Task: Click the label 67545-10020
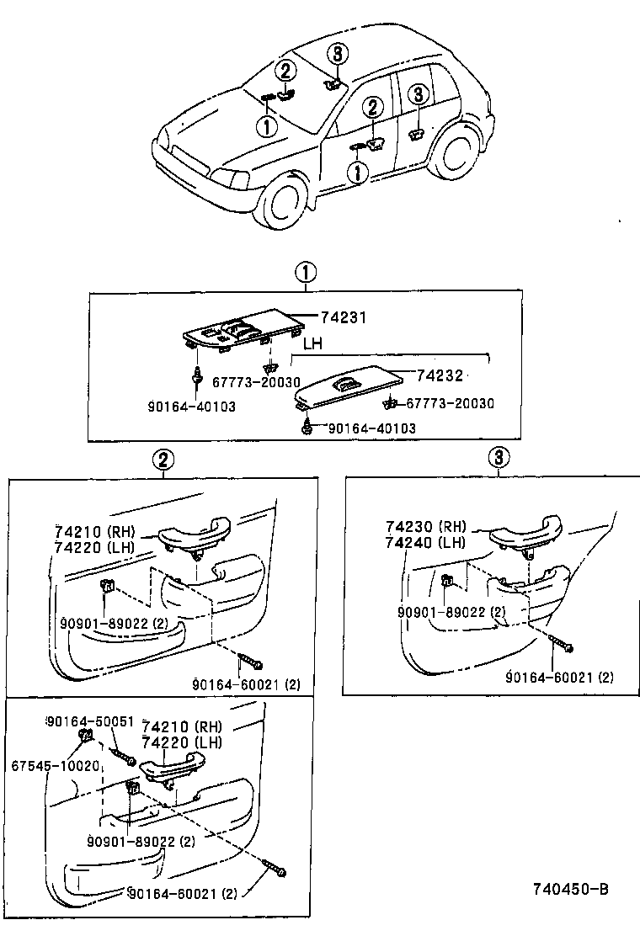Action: pyautogui.click(x=56, y=765)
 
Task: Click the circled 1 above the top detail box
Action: pyautogui.click(x=305, y=273)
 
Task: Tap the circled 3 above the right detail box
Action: pyautogui.click(x=499, y=457)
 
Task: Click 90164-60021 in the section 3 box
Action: pyautogui.click(x=560, y=676)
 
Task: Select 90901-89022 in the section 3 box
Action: pyautogui.click(x=451, y=611)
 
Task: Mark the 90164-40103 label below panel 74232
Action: pyautogui.click(x=371, y=428)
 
